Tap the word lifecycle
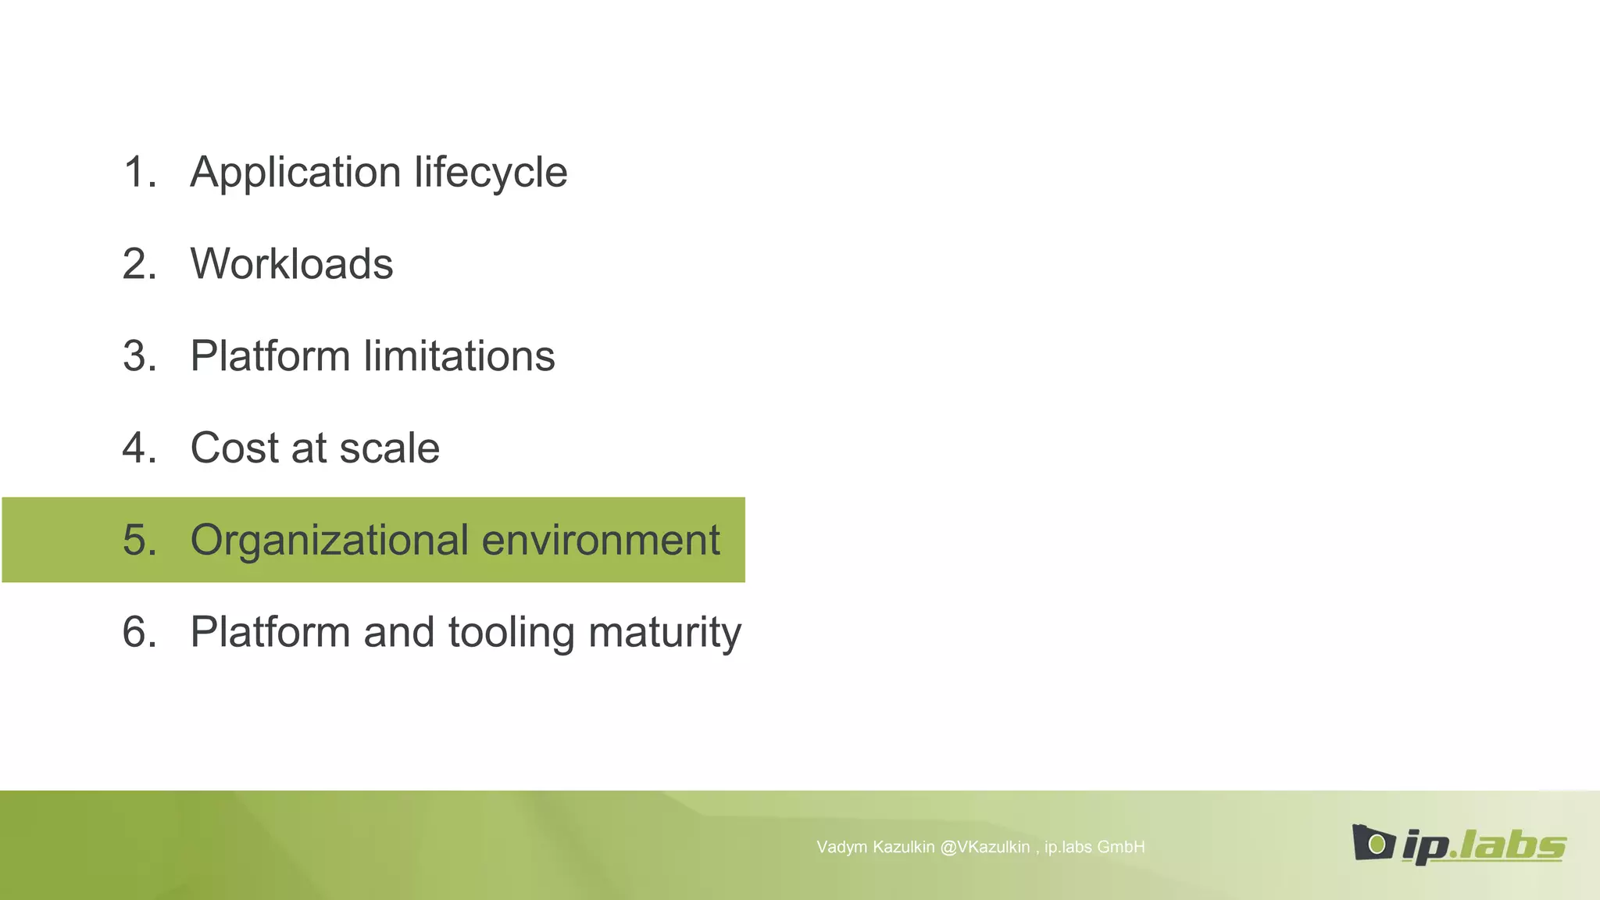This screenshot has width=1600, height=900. pos(491,173)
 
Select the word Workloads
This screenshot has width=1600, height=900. pos(291,264)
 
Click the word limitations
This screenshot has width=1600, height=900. pos(459,356)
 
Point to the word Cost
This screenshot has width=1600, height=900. pos(234,448)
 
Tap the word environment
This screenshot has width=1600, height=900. pos(601,541)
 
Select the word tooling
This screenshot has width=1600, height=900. pos(511,633)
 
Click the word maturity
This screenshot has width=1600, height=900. pos(665,633)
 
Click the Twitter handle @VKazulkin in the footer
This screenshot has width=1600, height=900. pos(984,847)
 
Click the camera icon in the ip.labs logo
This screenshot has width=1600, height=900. pos(1373,842)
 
